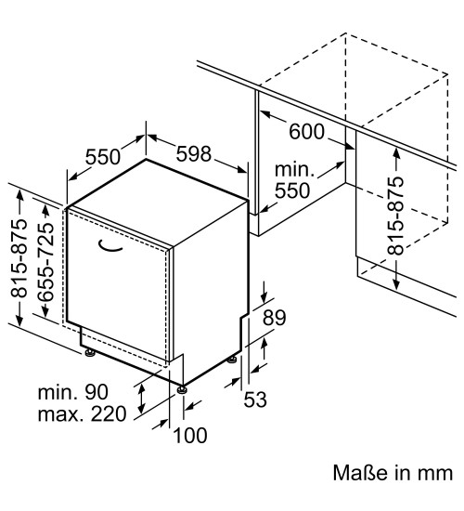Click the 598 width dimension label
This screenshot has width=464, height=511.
(x=194, y=154)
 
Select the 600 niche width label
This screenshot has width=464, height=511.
(x=307, y=132)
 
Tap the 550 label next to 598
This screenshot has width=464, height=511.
(x=103, y=157)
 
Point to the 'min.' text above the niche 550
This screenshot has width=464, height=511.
(x=294, y=170)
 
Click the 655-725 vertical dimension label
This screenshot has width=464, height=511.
(x=45, y=262)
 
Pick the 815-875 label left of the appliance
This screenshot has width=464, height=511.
(x=19, y=259)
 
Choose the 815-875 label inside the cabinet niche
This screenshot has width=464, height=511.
(x=395, y=216)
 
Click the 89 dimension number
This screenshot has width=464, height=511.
(x=275, y=318)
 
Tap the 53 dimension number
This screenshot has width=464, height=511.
(x=255, y=400)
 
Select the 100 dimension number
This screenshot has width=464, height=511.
(x=190, y=436)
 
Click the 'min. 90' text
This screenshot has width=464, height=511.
(x=73, y=392)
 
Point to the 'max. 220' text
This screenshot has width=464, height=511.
(x=82, y=414)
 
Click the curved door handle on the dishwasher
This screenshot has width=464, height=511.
(x=110, y=246)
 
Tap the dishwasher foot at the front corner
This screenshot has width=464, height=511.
(x=182, y=389)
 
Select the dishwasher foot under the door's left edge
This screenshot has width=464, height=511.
(x=89, y=353)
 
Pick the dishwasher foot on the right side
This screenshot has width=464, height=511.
(x=232, y=360)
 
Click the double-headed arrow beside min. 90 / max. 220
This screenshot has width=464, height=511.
(x=141, y=399)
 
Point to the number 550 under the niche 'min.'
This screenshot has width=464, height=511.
(x=292, y=190)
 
